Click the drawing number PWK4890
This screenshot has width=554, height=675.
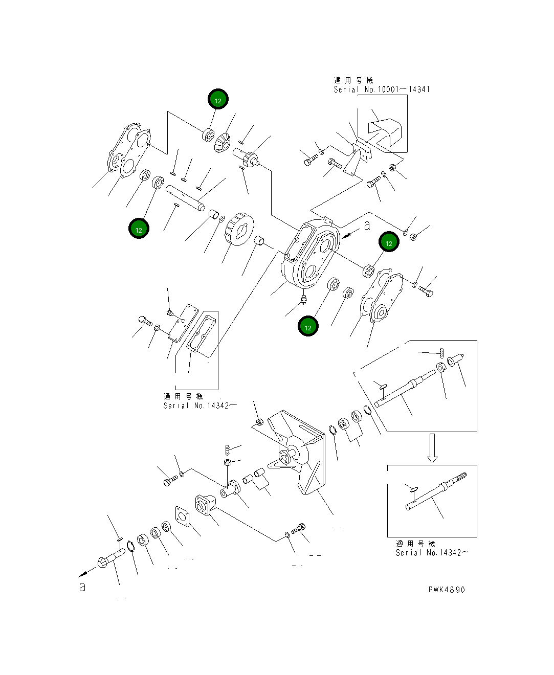pos(447,590)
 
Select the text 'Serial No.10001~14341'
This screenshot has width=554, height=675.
pos(382,89)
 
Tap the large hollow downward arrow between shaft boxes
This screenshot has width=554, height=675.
pos(432,448)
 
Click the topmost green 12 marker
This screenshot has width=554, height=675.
pos(218,100)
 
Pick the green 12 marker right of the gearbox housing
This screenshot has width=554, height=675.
pos(388,243)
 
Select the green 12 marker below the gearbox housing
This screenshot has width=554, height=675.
pos(308,327)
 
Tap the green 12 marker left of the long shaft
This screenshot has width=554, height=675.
pos(139,230)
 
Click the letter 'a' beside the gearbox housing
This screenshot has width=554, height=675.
pos(367,226)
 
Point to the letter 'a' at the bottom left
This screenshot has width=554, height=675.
pos(82,587)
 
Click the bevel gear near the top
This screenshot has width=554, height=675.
pos(222,142)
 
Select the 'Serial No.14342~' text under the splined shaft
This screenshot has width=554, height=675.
pos(433,553)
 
